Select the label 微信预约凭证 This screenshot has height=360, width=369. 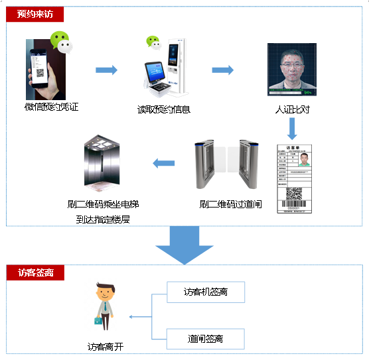coord(51,106)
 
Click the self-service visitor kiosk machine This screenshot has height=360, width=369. coord(163,66)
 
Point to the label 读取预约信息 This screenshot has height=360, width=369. coord(164,109)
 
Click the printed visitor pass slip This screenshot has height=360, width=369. coord(293,180)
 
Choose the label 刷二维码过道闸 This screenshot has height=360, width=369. coord(230,204)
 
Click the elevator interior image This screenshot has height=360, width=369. coord(102,163)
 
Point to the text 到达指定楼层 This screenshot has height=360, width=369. coord(102,218)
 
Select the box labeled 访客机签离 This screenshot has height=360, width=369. coord(205,292)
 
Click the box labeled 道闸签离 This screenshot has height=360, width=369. coord(205,339)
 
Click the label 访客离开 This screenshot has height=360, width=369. coord(106,345)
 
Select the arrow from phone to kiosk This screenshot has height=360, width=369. coord(106,70)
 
